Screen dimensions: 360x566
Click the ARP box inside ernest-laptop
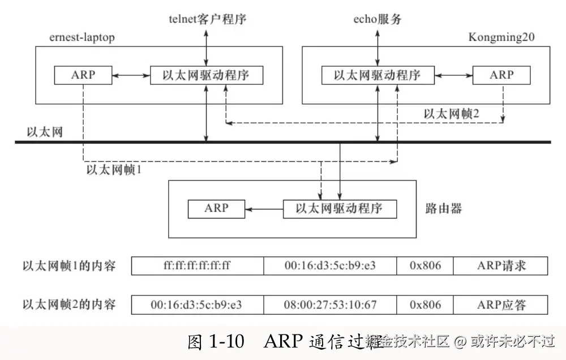[83, 75]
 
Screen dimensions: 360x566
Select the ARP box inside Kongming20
[501, 75]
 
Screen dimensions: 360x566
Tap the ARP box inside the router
[217, 209]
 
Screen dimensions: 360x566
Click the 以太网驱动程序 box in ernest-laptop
[206, 75]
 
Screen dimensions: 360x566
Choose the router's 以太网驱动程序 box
[340, 209]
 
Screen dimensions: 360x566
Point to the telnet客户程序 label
[208, 20]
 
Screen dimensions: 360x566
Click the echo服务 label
[376, 20]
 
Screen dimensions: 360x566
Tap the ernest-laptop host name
[82, 38]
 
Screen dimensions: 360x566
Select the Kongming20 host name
[501, 37]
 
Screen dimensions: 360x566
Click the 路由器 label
[443, 209]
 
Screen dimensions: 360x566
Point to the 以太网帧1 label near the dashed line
[113, 169]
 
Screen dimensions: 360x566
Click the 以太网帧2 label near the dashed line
[452, 113]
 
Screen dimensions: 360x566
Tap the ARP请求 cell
[501, 265]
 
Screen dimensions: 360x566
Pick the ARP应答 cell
[501, 305]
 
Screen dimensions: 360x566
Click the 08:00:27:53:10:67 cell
[330, 305]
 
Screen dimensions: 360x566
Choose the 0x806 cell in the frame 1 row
[424, 265]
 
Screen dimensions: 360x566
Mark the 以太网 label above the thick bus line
[45, 132]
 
